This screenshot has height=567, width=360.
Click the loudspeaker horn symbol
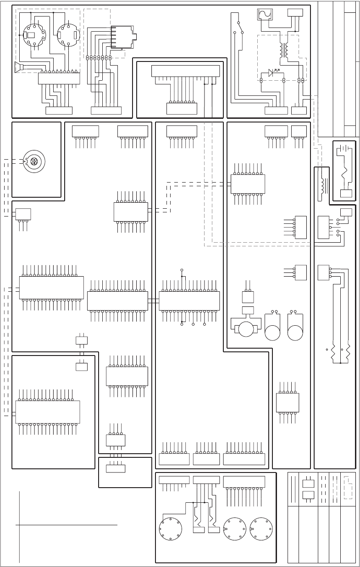(x=19, y=68)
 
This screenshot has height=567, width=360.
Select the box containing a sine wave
(x=265, y=14)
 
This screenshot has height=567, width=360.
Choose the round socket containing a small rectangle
(x=32, y=35)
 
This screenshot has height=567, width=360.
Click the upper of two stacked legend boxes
(x=307, y=483)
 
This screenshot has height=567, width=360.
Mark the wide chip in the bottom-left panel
(x=48, y=412)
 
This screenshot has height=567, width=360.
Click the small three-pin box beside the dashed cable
(x=23, y=214)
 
